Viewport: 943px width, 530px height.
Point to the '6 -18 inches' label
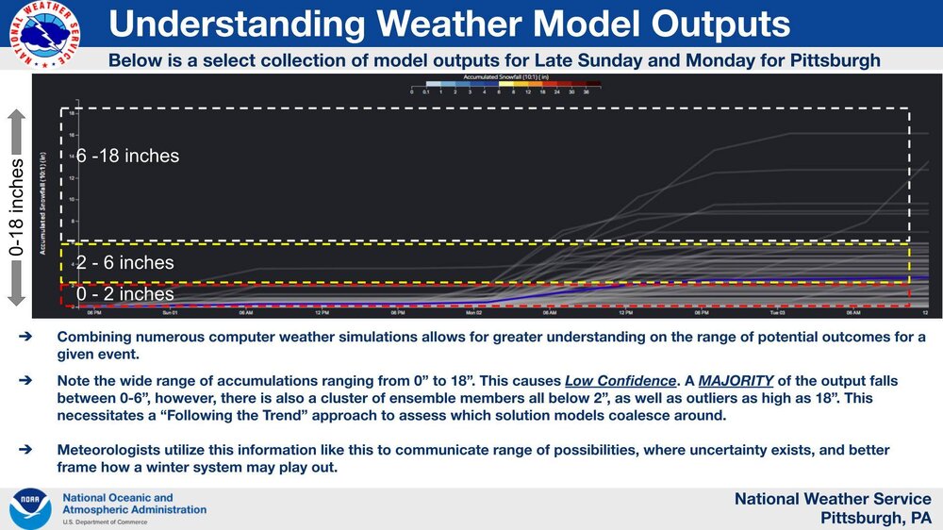pyautogui.click(x=127, y=156)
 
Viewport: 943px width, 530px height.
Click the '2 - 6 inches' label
pyautogui.click(x=125, y=263)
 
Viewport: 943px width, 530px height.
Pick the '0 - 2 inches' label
pyautogui.click(x=125, y=294)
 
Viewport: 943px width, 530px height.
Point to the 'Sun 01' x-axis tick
pyautogui.click(x=169, y=312)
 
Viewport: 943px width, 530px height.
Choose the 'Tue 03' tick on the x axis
pyautogui.click(x=777, y=312)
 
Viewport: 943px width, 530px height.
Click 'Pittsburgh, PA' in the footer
pyautogui.click(x=875, y=518)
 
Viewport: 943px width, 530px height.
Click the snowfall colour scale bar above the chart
pyautogui.click(x=506, y=84)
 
